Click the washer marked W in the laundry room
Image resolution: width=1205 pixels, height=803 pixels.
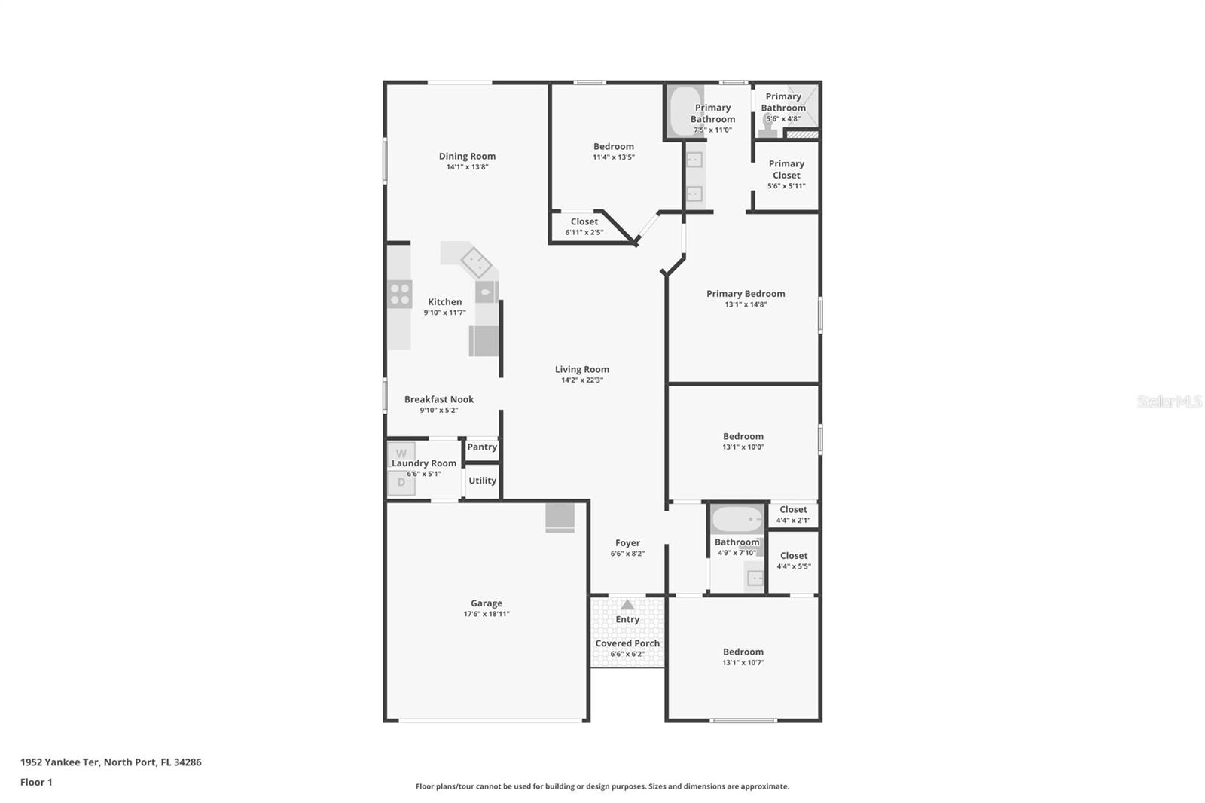pos(401,453)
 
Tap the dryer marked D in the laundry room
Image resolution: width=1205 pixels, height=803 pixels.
pos(401,482)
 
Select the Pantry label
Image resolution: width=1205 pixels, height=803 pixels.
pos(482,447)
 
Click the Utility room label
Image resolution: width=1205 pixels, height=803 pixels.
pos(482,481)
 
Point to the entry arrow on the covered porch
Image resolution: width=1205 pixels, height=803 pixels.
pos(627,604)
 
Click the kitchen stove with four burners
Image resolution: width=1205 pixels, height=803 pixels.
pos(400,295)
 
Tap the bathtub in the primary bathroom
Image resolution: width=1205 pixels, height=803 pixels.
pos(686,111)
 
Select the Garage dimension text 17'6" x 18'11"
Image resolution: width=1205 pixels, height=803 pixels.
pos(487,614)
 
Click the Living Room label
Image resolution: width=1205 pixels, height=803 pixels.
pos(582,369)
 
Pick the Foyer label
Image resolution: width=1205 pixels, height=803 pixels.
pos(627,542)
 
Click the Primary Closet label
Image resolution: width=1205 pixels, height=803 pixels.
pos(786,169)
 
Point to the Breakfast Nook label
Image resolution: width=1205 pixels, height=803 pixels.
pos(439,399)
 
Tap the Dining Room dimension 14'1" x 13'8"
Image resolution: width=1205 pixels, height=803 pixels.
pos(467,167)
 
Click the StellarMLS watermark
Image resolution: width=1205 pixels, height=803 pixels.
pos(1169,401)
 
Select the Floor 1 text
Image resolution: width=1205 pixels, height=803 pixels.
pos(36,782)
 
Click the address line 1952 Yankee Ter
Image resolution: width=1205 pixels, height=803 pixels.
pos(111,762)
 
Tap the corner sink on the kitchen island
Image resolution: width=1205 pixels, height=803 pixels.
pos(476,262)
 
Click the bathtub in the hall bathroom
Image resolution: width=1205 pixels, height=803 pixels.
pos(737,519)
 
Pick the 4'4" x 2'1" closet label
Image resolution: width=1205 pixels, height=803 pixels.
pos(793,520)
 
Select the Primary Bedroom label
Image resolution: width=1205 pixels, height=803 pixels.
pos(746,294)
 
